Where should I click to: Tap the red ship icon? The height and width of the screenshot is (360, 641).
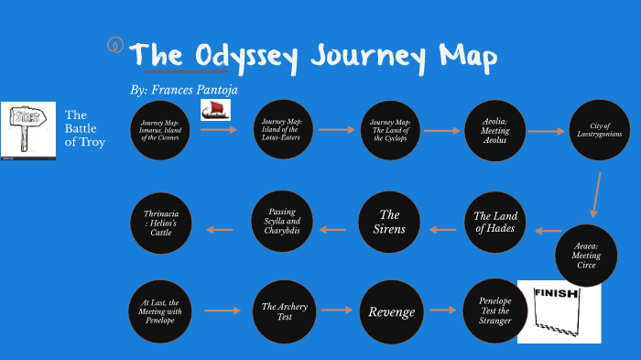click(x=215, y=110)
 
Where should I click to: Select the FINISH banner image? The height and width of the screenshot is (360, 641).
click(x=560, y=311)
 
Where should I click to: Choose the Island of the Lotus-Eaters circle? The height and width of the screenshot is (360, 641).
click(x=287, y=130)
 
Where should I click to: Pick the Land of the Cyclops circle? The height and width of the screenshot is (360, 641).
click(x=389, y=130)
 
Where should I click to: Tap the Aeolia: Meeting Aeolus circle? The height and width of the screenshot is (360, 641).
click(x=494, y=130)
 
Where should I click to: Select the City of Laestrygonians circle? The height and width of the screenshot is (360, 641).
click(x=600, y=130)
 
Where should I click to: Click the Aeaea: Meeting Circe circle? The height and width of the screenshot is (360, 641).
click(x=586, y=256)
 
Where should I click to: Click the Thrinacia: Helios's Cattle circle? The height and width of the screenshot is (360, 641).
click(x=162, y=223)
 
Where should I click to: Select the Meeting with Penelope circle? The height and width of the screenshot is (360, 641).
click(x=161, y=311)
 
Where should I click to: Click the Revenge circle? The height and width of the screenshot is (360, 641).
click(x=391, y=311)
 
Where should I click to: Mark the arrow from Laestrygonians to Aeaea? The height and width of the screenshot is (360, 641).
click(x=596, y=194)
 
